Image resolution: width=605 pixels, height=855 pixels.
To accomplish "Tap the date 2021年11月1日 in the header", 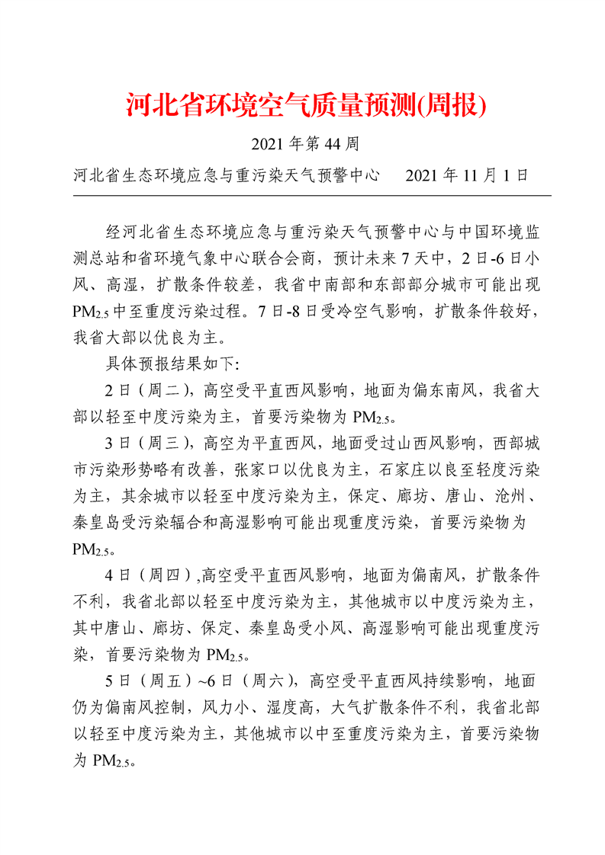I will point(467,176).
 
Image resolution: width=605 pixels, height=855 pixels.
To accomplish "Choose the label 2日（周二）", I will point(148,392).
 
